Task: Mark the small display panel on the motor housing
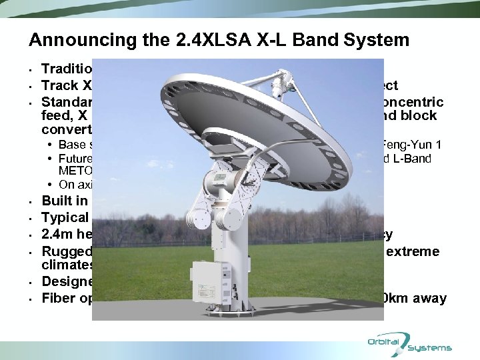click(220, 179)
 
